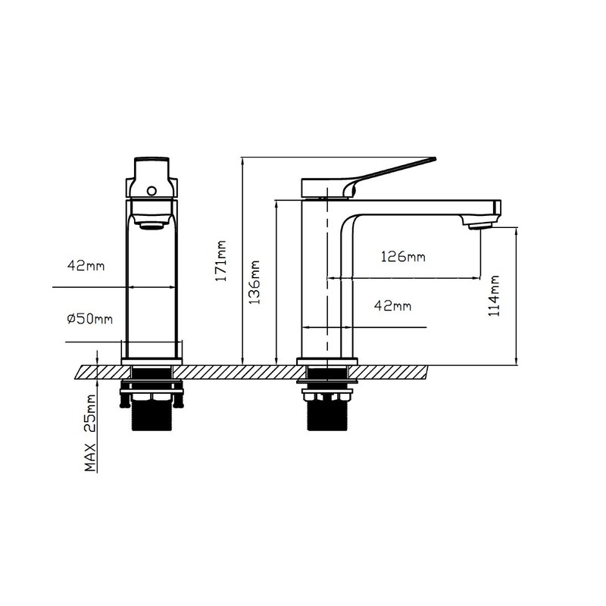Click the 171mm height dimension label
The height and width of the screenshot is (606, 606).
coord(220,261)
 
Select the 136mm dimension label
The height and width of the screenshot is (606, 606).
coord(254,282)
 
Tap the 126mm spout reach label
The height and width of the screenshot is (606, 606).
coord(403,257)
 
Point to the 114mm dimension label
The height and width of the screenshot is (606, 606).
coord(494,296)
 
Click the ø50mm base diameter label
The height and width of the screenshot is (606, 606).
coord(89,319)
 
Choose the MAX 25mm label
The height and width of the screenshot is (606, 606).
coord(90,433)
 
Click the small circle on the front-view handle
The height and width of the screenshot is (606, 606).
coord(151,191)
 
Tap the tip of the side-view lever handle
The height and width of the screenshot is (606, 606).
coord(434,158)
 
